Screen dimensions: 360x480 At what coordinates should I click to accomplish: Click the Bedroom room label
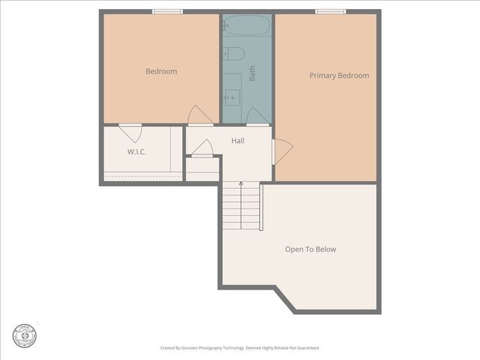161,71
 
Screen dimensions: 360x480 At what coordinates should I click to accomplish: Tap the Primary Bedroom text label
339,76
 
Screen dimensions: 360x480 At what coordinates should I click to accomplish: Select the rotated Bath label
252,73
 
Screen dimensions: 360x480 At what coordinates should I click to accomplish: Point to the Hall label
237,140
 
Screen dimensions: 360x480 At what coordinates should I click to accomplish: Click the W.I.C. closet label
136,152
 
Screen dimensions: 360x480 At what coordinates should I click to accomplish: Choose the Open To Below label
310,249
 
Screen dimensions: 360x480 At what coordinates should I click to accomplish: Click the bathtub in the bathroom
247,26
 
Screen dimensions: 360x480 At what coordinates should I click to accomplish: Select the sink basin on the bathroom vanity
232,96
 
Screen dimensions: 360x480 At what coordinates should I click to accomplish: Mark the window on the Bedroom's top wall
167,11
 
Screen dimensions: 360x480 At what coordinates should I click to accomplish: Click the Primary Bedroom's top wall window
330,11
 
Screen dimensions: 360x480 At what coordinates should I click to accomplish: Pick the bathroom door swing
256,116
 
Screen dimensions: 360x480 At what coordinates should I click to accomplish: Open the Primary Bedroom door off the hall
282,151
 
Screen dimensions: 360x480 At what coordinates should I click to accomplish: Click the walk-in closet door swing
131,133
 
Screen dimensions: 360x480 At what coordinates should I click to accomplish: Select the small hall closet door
202,148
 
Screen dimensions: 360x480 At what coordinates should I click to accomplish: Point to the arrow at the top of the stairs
241,184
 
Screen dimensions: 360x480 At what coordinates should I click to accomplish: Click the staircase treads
241,210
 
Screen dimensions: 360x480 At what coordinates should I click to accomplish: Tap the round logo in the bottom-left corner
24,335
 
